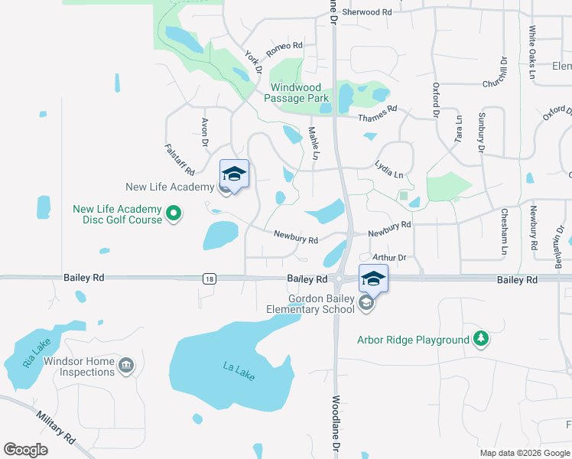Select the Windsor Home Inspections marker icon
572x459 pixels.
pyautogui.click(x=127, y=366)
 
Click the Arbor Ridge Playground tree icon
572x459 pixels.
pyautogui.click(x=480, y=339)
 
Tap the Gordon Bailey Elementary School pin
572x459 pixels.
pyautogui.click(x=372, y=280)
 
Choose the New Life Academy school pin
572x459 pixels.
pyautogui.click(x=235, y=174)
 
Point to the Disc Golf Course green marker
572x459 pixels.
pyautogui.click(x=174, y=214)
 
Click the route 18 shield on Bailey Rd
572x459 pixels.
pyautogui.click(x=209, y=280)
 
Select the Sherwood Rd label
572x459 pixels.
pyautogui.click(x=366, y=12)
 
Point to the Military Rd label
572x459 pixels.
pyautogui.click(x=56, y=428)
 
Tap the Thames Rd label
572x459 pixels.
pyautogui.click(x=379, y=113)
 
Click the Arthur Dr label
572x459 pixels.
pyautogui.click(x=388, y=258)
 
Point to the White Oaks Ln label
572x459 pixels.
pyautogui.click(x=531, y=52)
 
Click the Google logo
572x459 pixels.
pyautogui.click(x=26, y=450)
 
